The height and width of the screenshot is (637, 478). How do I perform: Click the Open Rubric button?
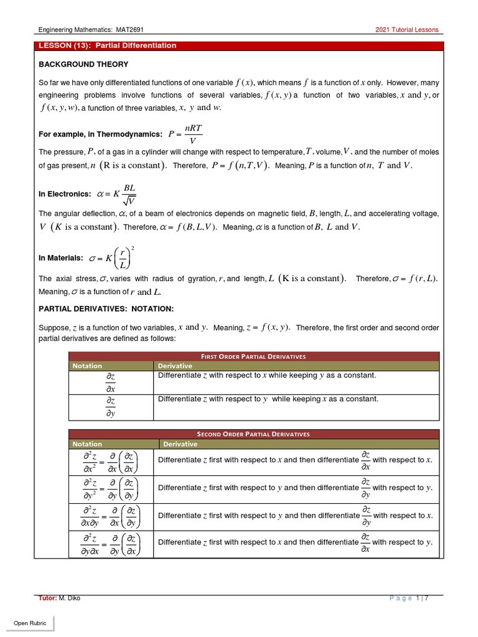pyautogui.click(x=30, y=623)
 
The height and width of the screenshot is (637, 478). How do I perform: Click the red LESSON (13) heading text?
pyautogui.click(x=108, y=46)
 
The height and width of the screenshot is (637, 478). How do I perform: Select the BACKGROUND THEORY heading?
pyautogui.click(x=83, y=65)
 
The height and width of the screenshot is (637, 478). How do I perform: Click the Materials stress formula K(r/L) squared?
pyautogui.click(x=115, y=258)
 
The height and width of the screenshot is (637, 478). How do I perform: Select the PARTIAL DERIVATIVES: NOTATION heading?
pyautogui.click(x=106, y=309)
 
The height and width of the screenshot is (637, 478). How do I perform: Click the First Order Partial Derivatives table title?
pyautogui.click(x=253, y=356)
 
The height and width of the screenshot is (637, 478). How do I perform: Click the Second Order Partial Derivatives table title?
pyautogui.click(x=253, y=434)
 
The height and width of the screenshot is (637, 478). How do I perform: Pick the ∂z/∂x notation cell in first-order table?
pyautogui.click(x=111, y=382)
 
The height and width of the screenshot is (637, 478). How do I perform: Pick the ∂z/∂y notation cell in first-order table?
pyautogui.click(x=111, y=406)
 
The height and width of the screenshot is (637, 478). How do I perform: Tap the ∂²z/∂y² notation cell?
pyautogui.click(x=111, y=488)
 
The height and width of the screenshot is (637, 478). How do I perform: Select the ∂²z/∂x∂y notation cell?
pyautogui.click(x=111, y=516)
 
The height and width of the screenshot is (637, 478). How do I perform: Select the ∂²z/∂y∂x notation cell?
pyautogui.click(x=111, y=542)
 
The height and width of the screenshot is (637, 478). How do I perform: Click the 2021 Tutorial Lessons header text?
pyautogui.click(x=406, y=30)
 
